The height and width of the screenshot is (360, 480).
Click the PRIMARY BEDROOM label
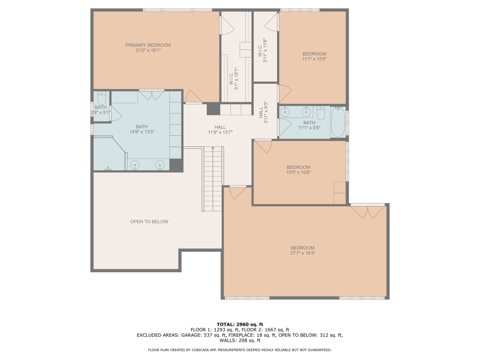tap(148, 45)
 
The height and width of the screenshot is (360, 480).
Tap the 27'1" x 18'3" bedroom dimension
tap(303, 253)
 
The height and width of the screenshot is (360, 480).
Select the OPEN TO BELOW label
tap(149, 222)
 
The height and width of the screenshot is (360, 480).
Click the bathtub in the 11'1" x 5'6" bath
tap(338, 122)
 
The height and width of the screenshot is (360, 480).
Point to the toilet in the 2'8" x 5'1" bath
tap(101, 98)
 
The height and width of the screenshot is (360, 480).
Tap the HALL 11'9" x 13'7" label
tap(220, 130)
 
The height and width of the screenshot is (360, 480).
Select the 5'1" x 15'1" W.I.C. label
tap(233, 79)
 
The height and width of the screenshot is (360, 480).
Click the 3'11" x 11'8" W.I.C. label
tap(262, 51)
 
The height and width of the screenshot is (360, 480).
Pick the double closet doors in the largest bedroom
tap(367, 212)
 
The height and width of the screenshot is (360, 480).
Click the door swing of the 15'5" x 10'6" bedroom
tap(263, 147)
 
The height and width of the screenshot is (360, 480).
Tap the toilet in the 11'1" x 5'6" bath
tap(321, 113)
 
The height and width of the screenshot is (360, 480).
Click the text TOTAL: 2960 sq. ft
tap(240, 324)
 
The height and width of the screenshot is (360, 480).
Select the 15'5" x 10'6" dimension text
tap(299, 172)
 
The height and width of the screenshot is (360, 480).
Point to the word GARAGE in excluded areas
tap(190, 335)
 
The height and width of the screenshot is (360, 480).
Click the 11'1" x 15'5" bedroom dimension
tap(315, 59)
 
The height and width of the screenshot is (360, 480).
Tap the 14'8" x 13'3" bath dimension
tap(142, 132)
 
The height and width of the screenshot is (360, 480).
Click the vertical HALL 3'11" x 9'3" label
tap(263, 112)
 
